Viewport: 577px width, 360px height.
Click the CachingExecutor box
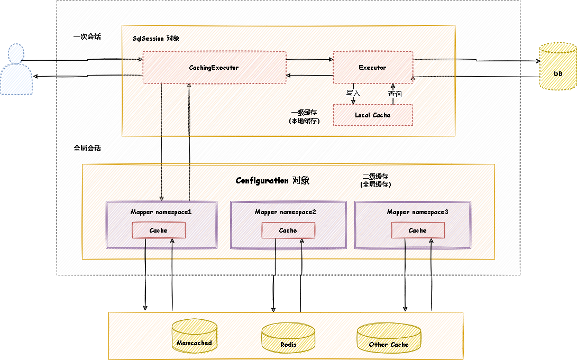(214, 67)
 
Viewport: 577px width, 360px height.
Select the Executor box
(373, 67)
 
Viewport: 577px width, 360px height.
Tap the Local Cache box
(373, 115)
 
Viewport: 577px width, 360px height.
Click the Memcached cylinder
(195, 336)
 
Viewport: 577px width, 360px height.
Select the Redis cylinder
(288, 338)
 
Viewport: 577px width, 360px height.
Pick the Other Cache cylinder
(389, 338)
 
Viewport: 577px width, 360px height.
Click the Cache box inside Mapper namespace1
(159, 230)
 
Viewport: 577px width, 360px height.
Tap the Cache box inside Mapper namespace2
(288, 230)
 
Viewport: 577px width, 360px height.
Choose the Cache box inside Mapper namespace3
(418, 230)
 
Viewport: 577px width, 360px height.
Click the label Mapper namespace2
(286, 212)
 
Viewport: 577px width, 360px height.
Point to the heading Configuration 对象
(272, 181)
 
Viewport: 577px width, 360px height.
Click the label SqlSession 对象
(156, 39)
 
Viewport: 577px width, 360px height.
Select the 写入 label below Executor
(353, 93)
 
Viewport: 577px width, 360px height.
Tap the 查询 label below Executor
(395, 94)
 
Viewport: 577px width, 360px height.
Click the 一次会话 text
(87, 37)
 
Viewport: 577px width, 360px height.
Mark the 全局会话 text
(87, 149)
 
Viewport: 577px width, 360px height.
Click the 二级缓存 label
(375, 177)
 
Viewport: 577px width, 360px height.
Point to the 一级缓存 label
(304, 113)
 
